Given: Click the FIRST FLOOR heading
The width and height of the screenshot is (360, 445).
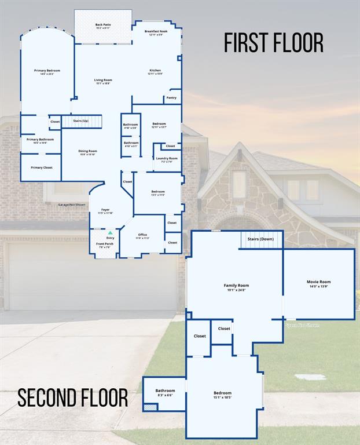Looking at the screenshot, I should (x=273, y=43).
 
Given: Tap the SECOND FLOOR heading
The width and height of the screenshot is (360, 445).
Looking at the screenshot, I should (x=72, y=398).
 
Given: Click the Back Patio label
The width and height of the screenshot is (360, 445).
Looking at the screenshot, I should (x=103, y=26).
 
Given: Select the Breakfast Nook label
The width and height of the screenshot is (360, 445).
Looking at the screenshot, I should (x=156, y=33).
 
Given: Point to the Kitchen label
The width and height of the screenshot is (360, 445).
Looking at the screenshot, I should (x=155, y=72).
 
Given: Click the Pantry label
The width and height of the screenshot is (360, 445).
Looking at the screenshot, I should (x=171, y=98).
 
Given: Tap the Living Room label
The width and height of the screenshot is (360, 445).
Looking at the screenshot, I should (x=103, y=81).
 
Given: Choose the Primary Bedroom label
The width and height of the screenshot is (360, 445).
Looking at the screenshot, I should (x=47, y=72).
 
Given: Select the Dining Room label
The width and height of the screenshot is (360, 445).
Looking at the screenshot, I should (x=88, y=152).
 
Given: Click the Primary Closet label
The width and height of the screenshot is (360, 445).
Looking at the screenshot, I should (x=41, y=167).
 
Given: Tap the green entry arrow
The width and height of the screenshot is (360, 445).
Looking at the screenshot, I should (x=110, y=232).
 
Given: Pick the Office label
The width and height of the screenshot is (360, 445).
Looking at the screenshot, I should (x=142, y=236).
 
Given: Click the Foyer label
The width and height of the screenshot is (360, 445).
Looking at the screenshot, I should (x=105, y=211).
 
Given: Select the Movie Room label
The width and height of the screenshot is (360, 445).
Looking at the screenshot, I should (x=319, y=283).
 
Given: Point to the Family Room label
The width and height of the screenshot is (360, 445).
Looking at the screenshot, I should (x=236, y=287).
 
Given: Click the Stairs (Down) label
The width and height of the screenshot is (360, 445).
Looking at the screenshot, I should (x=260, y=239).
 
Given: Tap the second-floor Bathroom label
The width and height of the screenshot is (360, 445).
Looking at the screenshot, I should (x=165, y=392).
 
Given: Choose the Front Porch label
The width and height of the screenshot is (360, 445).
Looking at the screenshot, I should (x=105, y=245).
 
